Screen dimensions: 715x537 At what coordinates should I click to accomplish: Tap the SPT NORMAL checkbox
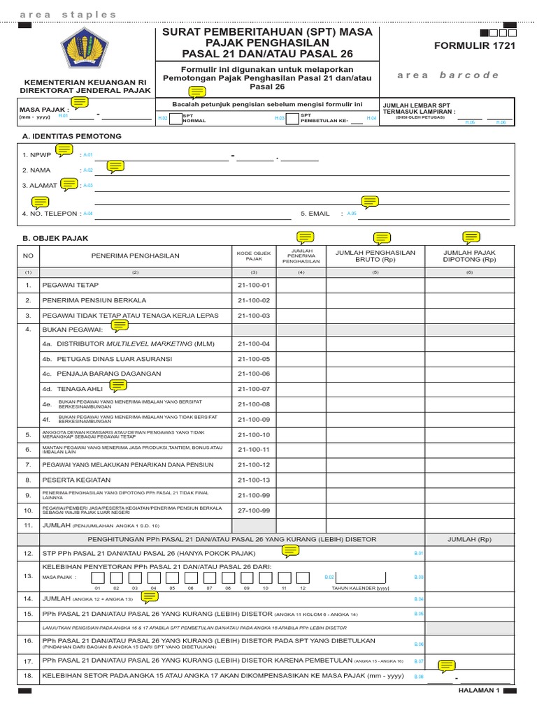175,118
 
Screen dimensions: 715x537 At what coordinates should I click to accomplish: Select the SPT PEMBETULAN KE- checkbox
292,118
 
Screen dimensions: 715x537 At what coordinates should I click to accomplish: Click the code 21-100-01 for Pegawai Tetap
253,285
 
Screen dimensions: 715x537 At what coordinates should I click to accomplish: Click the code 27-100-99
253,510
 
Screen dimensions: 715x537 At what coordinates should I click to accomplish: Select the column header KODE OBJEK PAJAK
253,256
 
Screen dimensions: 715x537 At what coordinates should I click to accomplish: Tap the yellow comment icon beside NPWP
65,149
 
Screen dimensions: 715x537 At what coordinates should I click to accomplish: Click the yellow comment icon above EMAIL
369,202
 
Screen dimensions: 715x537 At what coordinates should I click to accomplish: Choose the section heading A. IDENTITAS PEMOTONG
72,136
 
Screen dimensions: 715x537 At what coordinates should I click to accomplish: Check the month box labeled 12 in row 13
302,577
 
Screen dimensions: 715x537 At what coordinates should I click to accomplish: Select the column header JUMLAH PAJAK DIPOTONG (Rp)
469,256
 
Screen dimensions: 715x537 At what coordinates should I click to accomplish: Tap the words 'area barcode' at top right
447,75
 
